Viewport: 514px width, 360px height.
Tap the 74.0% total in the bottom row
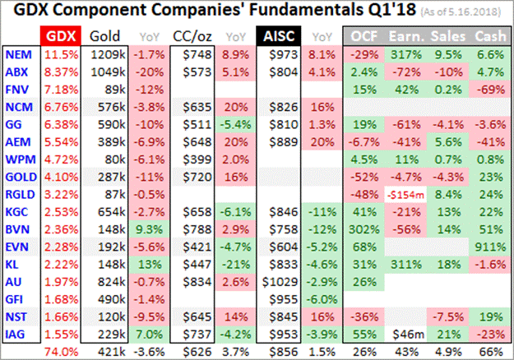(56, 352)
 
